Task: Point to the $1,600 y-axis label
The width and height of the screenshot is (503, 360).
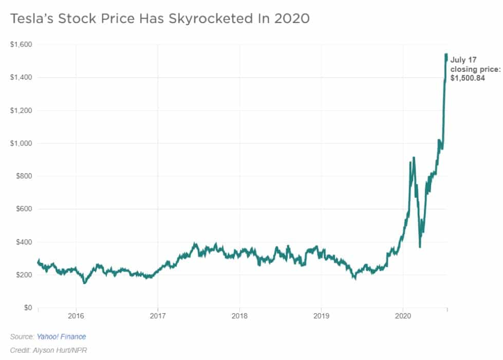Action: pyautogui.click(x=21, y=45)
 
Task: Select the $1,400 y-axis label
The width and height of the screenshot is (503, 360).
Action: pyautogui.click(x=21, y=78)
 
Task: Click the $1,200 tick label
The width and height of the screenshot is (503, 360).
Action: pyautogui.click(x=21, y=110)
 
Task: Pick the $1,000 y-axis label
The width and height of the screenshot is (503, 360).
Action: pyautogui.click(x=21, y=143)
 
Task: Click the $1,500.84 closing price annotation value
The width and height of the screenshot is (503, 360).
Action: pyautogui.click(x=468, y=79)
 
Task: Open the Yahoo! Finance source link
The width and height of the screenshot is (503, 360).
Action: pyautogui.click(x=61, y=337)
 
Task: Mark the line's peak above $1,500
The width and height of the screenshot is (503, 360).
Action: pyautogui.click(x=446, y=54)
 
